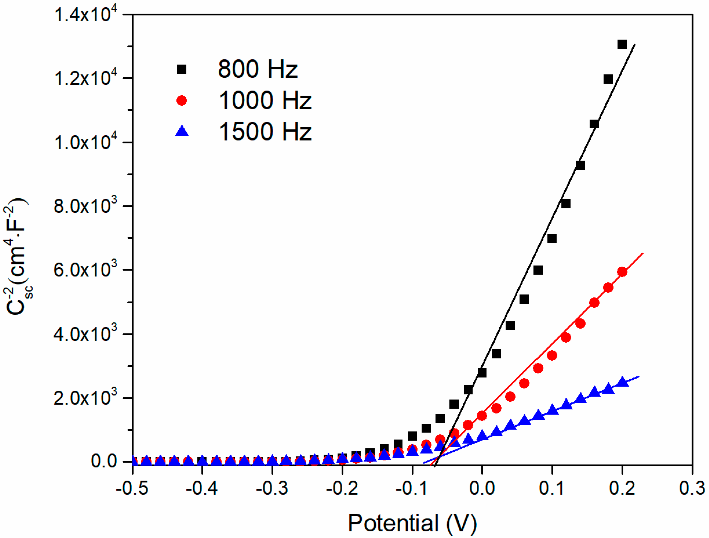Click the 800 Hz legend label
(x=257, y=69)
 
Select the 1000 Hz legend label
(x=265, y=101)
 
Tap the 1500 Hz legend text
(x=265, y=132)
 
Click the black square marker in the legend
(x=181, y=69)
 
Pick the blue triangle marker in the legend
(x=182, y=131)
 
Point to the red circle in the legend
(x=181, y=101)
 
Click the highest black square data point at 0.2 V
(x=622, y=44)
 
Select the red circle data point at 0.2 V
(x=622, y=272)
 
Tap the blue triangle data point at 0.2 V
(x=622, y=382)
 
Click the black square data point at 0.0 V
(x=482, y=373)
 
